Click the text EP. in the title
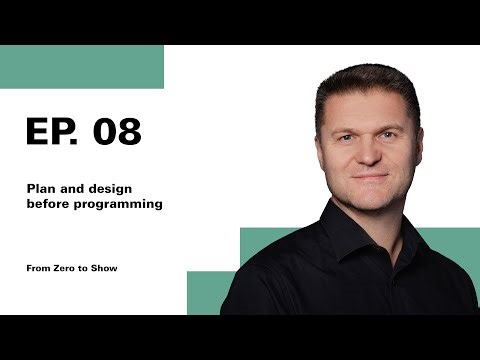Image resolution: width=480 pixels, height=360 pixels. (x=52, y=132)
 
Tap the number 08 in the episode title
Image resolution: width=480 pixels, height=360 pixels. (x=116, y=132)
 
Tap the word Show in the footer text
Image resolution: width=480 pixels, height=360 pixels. (x=105, y=268)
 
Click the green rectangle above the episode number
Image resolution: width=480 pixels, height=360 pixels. (x=80, y=66)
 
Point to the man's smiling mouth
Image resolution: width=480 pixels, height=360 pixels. (x=368, y=181)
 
